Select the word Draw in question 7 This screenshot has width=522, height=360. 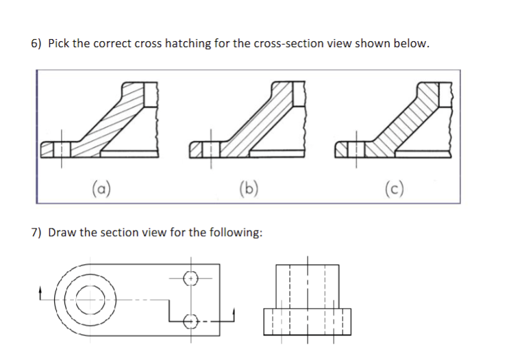point(61,232)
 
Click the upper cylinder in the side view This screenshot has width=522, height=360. point(308,284)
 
